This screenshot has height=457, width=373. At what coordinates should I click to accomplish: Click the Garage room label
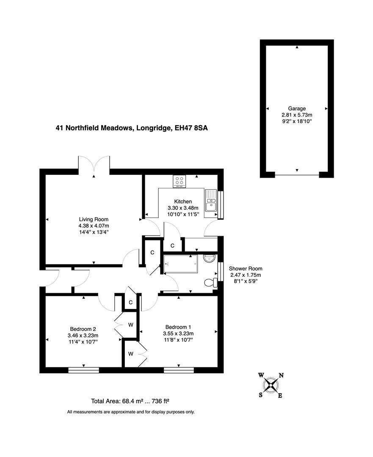(x=297, y=108)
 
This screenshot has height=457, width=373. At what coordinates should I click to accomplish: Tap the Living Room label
(x=94, y=219)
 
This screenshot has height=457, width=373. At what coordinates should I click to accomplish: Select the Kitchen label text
(x=182, y=201)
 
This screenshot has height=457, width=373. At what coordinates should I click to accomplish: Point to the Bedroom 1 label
(x=178, y=327)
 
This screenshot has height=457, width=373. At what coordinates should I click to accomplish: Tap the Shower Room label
(x=246, y=268)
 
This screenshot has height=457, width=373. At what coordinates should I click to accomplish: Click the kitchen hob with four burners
(x=180, y=181)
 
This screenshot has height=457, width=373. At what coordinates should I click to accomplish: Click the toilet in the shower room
(x=210, y=283)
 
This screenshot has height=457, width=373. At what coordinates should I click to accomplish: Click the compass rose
(x=271, y=385)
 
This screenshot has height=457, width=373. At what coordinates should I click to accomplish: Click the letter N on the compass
(x=281, y=375)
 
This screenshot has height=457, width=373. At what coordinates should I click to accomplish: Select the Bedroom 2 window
(x=83, y=370)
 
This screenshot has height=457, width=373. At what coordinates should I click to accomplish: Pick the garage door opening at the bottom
(x=297, y=174)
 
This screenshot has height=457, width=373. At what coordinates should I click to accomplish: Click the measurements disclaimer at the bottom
(x=130, y=412)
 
